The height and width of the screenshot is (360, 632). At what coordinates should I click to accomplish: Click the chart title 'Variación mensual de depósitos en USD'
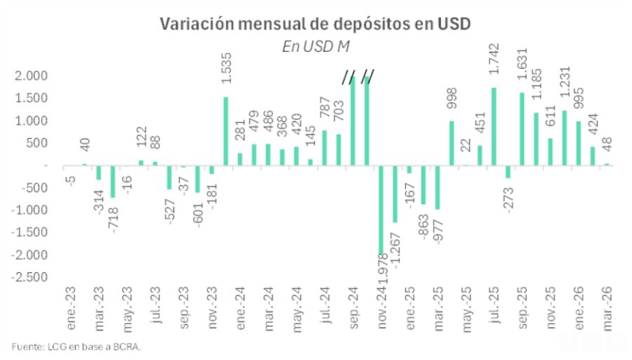[315, 23]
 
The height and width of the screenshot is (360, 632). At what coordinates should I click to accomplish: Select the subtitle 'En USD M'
[315, 46]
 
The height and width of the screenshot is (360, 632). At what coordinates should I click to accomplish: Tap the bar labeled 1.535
[225, 131]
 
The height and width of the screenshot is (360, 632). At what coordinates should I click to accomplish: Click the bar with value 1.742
[494, 126]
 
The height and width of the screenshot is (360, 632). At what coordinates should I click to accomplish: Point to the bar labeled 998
[452, 143]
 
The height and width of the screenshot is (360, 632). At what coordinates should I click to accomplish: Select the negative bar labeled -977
[437, 187]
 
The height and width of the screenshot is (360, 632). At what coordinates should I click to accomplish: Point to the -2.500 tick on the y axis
[29, 277]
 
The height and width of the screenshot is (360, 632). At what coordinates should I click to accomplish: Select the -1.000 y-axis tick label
[29, 210]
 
